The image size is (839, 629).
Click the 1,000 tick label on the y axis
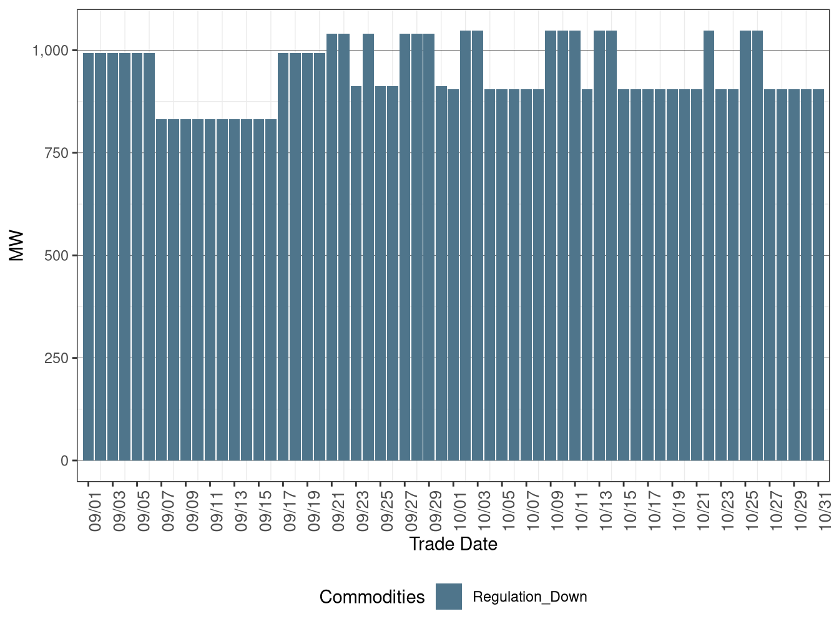[50, 50]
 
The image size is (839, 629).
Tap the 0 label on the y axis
[64, 461]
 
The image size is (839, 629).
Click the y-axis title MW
[17, 246]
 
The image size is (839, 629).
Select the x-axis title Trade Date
[453, 544]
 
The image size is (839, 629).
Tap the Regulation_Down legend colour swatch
[449, 597]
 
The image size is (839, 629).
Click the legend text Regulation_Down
[530, 597]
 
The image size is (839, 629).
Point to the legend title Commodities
[372, 597]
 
